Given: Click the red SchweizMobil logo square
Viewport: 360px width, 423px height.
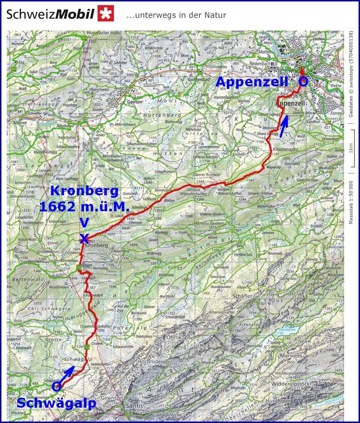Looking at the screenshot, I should tap(106, 14).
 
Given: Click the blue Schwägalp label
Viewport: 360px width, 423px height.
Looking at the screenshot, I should tap(56, 403).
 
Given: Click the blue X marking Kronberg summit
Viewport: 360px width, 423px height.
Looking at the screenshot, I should tap(84, 238).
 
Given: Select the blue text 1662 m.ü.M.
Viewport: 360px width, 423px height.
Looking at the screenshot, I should tap(79, 206).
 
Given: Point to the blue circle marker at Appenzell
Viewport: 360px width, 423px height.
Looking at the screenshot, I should tap(303, 82).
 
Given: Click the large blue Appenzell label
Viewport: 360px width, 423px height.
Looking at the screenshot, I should tap(252, 82).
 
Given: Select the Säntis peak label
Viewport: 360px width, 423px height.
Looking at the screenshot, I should tap(134, 406).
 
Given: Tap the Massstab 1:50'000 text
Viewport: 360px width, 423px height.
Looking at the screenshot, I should tap(351, 202).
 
